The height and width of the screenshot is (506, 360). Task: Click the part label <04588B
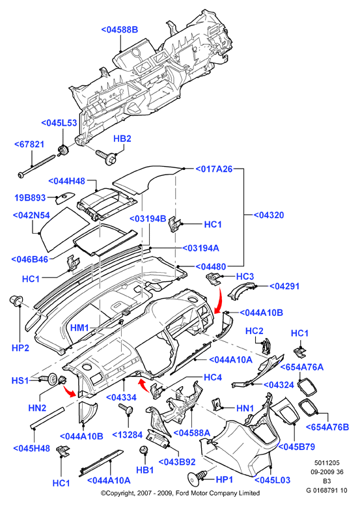(x=120, y=30)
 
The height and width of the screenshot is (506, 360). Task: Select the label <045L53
(x=59, y=123)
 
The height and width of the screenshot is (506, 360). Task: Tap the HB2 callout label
(x=122, y=139)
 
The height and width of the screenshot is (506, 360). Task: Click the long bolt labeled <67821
(x=36, y=166)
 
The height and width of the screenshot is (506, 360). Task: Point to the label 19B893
(x=30, y=197)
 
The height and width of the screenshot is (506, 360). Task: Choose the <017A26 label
(x=214, y=169)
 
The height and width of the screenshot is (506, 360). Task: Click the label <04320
(x=269, y=215)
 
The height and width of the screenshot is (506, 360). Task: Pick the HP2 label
(x=20, y=348)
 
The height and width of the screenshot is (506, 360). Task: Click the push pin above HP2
(x=16, y=300)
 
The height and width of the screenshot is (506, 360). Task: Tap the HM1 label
(x=79, y=328)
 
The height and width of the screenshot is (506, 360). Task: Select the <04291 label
(x=284, y=287)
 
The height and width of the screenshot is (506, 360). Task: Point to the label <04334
(x=121, y=397)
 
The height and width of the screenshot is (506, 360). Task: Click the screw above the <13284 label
(x=126, y=409)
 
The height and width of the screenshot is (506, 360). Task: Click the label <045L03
(x=273, y=480)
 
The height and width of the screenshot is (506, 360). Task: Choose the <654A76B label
(x=327, y=427)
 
